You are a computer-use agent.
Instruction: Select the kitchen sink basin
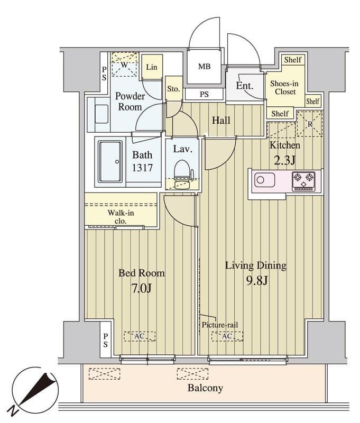click(x=264, y=180)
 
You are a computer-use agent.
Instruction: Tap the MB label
click(x=204, y=67)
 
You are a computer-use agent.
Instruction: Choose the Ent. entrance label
click(x=245, y=86)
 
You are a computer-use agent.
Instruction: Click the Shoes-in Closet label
click(x=284, y=87)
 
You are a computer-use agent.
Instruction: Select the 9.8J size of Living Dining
click(x=256, y=281)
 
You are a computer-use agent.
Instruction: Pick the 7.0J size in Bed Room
click(x=141, y=289)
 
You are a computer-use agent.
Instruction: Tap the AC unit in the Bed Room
click(x=140, y=336)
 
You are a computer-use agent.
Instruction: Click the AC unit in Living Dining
click(x=227, y=336)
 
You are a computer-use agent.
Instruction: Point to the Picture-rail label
click(x=220, y=325)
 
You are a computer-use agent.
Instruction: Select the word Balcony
click(x=205, y=388)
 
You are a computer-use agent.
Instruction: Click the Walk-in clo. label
click(x=121, y=217)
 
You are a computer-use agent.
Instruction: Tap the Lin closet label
click(x=152, y=67)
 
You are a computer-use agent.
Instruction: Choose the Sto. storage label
click(x=173, y=89)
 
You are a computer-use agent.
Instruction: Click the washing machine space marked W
click(x=125, y=65)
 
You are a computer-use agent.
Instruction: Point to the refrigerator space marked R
click(x=310, y=124)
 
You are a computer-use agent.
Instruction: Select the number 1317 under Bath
click(x=142, y=168)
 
